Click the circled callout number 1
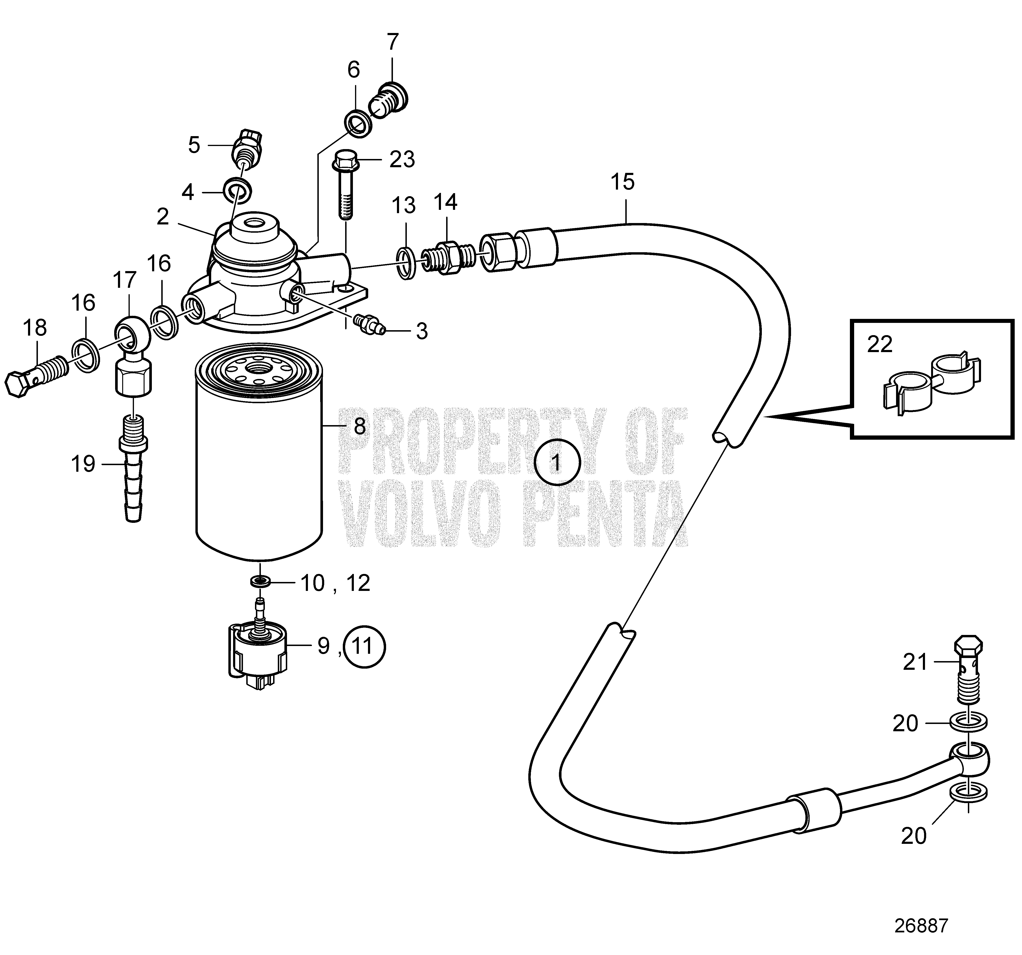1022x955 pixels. pos(557,463)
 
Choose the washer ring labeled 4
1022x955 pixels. pos(238,190)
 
